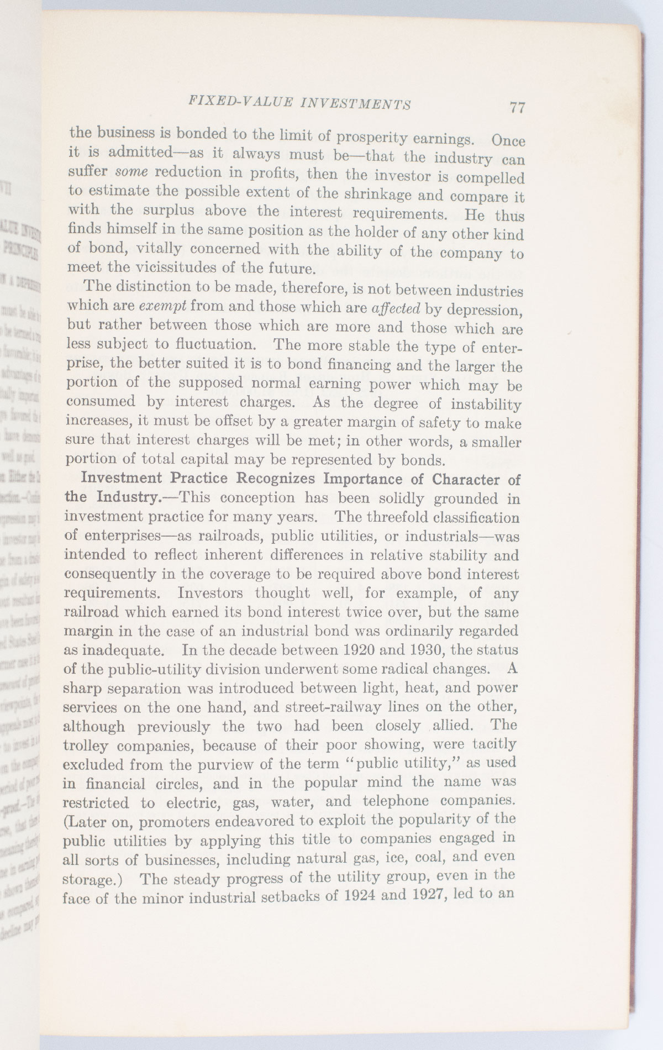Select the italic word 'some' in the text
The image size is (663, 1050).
point(131,171)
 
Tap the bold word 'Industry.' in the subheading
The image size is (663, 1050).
point(128,496)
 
